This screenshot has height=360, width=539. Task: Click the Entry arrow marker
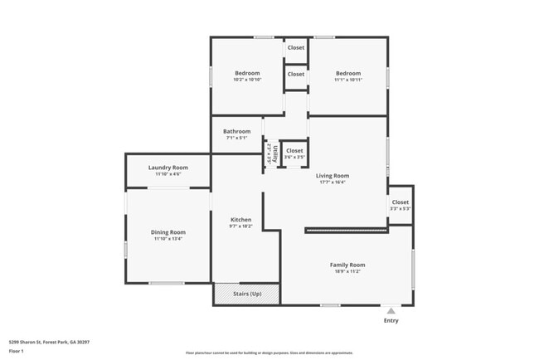(391, 310)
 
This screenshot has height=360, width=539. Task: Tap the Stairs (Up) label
(247, 294)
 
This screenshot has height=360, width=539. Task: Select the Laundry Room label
(168, 168)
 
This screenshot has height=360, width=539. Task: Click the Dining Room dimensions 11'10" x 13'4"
(168, 239)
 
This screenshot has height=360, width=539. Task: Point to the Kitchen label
(240, 219)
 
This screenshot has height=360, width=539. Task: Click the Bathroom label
(236, 131)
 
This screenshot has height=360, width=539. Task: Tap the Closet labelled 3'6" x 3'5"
(295, 151)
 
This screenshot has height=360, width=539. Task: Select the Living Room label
(333, 176)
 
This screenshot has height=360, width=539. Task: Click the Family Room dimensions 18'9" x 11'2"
(347, 271)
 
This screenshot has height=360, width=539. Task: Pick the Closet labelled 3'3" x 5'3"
(401, 202)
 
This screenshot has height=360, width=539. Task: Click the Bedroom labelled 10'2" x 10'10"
(247, 73)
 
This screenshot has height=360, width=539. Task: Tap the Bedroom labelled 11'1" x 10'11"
(348, 73)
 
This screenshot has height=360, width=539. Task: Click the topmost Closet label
(296, 48)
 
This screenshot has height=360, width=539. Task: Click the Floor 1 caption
(17, 351)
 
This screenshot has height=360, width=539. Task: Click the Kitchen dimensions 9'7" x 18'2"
(240, 226)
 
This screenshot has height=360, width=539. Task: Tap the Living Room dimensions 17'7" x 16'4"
(333, 182)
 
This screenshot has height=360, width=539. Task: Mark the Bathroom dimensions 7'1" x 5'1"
(236, 138)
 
